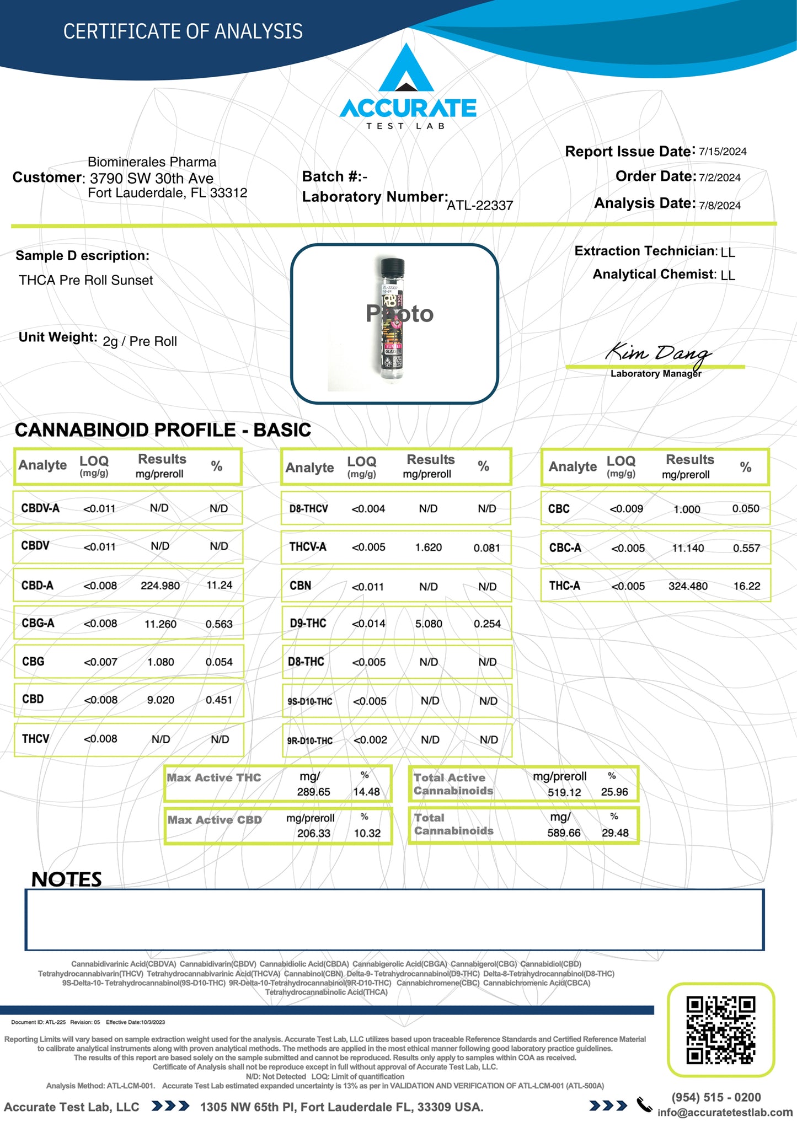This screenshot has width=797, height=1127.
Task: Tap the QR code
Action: [720, 1029]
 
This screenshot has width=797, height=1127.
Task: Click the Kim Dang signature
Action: [657, 353]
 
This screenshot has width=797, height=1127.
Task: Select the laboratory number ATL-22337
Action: [480, 206]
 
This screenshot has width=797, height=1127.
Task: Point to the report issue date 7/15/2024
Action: [723, 152]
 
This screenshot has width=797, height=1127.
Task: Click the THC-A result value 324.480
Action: [688, 586]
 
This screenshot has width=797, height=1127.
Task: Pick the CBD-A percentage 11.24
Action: [219, 585]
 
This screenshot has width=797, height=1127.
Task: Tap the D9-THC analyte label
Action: [308, 624]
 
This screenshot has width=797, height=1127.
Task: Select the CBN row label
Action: [301, 586]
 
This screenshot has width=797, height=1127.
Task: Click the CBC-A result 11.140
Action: [688, 548]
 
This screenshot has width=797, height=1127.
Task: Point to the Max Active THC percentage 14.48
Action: [366, 792]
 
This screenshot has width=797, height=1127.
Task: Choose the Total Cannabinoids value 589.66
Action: [564, 833]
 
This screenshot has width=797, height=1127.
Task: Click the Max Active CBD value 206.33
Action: [314, 833]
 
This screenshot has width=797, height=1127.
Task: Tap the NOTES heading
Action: [67, 879]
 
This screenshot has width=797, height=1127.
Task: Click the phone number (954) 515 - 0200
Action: [716, 1097]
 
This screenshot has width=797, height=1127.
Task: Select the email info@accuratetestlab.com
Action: [725, 1112]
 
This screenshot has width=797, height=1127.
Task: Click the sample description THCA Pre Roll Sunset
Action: [86, 280]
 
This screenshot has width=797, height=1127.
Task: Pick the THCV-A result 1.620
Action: [429, 548]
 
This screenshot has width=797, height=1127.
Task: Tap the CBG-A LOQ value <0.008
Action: [100, 624]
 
